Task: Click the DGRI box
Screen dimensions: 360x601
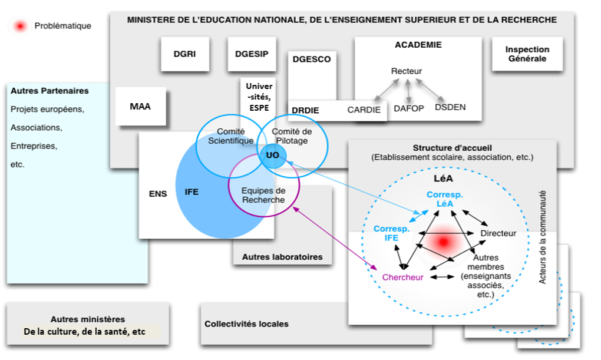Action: pos(185,54)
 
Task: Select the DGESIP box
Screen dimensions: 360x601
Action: pos(252,54)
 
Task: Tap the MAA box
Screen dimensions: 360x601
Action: pos(140,107)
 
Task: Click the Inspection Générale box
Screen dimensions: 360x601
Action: pos(527,54)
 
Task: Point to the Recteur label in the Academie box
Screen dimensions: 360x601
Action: pos(407,71)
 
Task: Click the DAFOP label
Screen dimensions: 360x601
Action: pos(409,108)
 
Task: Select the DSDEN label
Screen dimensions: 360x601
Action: pos(450,107)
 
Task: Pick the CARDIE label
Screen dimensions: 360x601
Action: pos(364,110)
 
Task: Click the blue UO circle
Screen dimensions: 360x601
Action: pos(273,154)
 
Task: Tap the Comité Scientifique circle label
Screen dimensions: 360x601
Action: pos(230,136)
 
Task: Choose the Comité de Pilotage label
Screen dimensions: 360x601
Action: pos(292,136)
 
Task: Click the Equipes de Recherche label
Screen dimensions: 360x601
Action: pos(263,195)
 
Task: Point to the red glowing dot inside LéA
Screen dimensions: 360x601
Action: pos(444,242)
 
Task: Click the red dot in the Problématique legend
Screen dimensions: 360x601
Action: pos(21,26)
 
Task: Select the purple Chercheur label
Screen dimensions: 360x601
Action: pos(403,278)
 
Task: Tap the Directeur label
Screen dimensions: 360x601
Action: pos(498,233)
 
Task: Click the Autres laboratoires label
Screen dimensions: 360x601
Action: pos(282,257)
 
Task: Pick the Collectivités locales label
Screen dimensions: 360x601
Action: pos(246,324)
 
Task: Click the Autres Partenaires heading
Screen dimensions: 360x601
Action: pos(49,91)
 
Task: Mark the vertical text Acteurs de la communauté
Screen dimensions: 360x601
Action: pos(543,237)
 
